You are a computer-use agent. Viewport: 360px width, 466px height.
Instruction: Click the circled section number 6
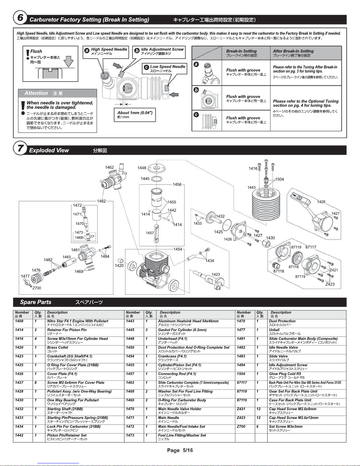20,18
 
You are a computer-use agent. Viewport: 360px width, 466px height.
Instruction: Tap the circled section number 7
20,148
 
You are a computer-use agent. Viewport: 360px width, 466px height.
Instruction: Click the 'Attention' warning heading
36,93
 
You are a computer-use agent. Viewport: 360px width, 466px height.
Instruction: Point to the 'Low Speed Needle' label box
165,69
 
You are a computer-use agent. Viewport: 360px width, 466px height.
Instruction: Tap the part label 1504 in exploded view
279,179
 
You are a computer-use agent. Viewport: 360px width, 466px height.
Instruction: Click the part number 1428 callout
321,202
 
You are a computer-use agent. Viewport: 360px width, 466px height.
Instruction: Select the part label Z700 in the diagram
37,288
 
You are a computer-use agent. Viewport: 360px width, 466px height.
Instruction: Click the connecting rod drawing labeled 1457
157,234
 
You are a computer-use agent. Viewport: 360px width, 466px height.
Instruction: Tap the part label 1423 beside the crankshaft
216,274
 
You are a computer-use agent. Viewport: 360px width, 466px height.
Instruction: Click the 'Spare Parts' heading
36,302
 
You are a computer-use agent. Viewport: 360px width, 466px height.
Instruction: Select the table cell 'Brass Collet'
58,348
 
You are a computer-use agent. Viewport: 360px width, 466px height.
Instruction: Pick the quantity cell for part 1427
36,383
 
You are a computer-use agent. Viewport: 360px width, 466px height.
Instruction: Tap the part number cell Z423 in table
241,418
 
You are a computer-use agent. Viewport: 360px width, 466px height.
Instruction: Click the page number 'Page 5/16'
180,450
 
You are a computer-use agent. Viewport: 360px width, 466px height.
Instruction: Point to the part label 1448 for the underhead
142,168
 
